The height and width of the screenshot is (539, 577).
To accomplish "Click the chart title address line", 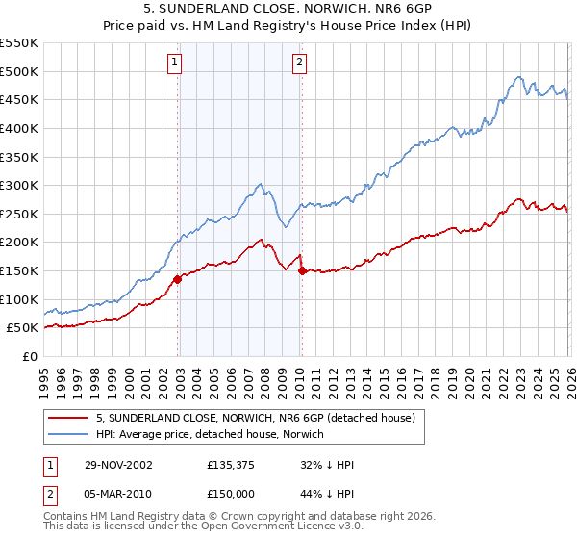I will click(x=288, y=10).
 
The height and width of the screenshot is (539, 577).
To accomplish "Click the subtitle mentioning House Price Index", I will click(x=288, y=27).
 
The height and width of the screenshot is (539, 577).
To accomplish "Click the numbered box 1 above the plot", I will click(x=175, y=63).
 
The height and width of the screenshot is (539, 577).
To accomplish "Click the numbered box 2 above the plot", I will click(x=299, y=63).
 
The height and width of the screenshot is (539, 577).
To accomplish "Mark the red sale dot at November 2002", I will click(x=178, y=279).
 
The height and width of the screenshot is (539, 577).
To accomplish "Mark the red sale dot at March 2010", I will click(x=302, y=270).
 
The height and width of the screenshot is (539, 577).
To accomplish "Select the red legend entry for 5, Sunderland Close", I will click(x=255, y=418).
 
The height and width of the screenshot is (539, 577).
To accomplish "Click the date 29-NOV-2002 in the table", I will click(x=116, y=465).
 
